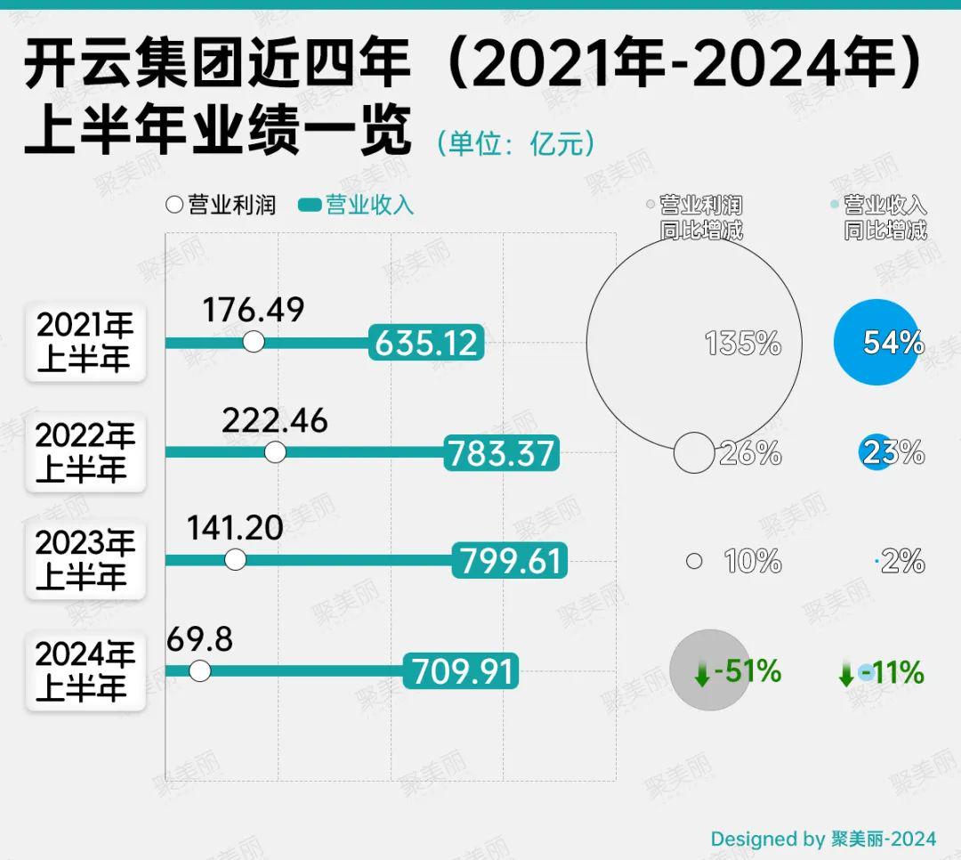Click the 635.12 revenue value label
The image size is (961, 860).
tap(427, 343)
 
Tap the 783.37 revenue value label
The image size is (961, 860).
tap(502, 453)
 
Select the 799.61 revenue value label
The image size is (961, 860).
tap(510, 561)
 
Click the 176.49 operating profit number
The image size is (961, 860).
tap(253, 310)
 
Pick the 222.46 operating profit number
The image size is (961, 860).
tap(275, 420)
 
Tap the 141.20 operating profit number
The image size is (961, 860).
tap(235, 528)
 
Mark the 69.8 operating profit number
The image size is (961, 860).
tap(199, 638)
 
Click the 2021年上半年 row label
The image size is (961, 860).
tap(85, 343)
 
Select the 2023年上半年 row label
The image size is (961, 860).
tap(85, 561)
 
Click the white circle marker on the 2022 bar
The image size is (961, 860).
tap(276, 452)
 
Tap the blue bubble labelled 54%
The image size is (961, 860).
tap(877, 342)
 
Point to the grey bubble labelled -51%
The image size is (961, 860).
tap(709, 670)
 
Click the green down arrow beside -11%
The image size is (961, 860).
tap(846, 674)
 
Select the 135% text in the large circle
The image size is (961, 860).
tap(743, 343)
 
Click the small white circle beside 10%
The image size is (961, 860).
tap(695, 561)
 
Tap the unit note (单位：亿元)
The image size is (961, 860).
tap(515, 143)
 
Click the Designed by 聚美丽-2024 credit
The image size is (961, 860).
tap(823, 839)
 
